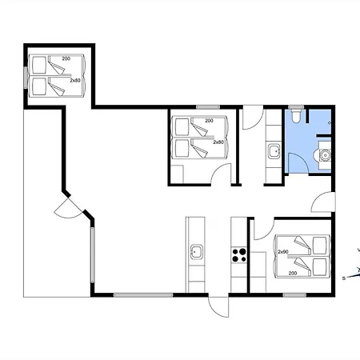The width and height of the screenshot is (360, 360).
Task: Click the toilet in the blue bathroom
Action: point(296,115)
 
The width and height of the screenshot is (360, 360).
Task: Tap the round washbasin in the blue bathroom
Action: point(325,155)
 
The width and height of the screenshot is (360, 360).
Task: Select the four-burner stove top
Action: point(239,255)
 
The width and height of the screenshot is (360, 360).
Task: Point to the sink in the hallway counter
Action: point(274,151)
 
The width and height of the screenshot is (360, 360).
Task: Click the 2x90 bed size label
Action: point(283,251)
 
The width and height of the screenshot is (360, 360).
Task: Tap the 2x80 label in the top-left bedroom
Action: point(75,80)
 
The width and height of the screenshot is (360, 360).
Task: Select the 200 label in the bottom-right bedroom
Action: point(293,273)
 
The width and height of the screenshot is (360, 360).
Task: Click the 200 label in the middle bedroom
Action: point(209,121)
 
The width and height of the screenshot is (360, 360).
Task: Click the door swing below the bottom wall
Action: point(218,306)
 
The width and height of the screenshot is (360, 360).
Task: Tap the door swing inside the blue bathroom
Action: point(298,162)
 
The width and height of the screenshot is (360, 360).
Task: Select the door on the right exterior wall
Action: point(323,202)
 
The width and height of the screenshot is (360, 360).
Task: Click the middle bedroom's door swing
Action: point(221,174)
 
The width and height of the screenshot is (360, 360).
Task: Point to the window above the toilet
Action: point(296,107)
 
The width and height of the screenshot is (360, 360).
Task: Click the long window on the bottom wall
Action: point(143,295)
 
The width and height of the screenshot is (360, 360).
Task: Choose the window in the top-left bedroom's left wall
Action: point(26,78)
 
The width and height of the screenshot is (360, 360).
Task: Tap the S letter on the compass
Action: point(344,278)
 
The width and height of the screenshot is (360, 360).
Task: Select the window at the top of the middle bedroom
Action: point(208,107)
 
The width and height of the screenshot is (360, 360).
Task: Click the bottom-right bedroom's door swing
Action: point(264,229)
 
